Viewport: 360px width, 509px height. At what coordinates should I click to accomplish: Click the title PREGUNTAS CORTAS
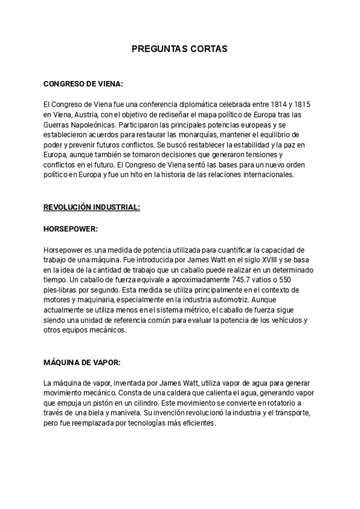[179, 49]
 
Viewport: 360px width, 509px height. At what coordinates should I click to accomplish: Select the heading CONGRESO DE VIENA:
[83, 84]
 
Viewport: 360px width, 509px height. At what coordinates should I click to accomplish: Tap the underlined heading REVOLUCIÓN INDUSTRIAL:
[92, 207]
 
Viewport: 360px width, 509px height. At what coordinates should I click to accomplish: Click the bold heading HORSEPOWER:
[70, 229]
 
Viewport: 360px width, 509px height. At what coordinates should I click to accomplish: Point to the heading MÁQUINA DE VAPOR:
[82, 363]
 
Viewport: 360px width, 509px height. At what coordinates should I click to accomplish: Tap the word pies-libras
[62, 290]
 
